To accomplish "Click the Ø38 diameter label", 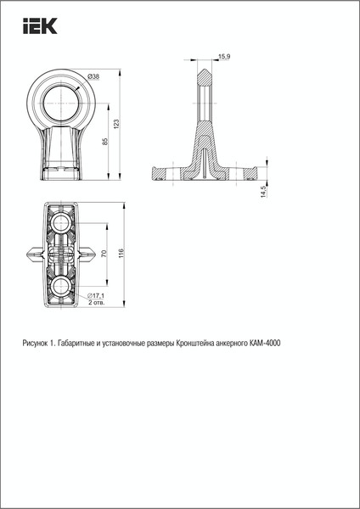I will (93, 77).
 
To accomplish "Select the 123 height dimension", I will (116, 124).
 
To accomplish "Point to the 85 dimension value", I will (104, 142).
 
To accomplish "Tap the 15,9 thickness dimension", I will (224, 57).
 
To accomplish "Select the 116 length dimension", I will (122, 254).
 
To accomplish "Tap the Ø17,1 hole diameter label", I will (96, 295).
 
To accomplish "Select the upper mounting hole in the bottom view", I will (62, 223).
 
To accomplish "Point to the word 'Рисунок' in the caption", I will (37, 344).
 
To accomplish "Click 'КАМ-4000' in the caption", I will (265, 344).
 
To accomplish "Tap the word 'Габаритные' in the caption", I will (77, 344).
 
